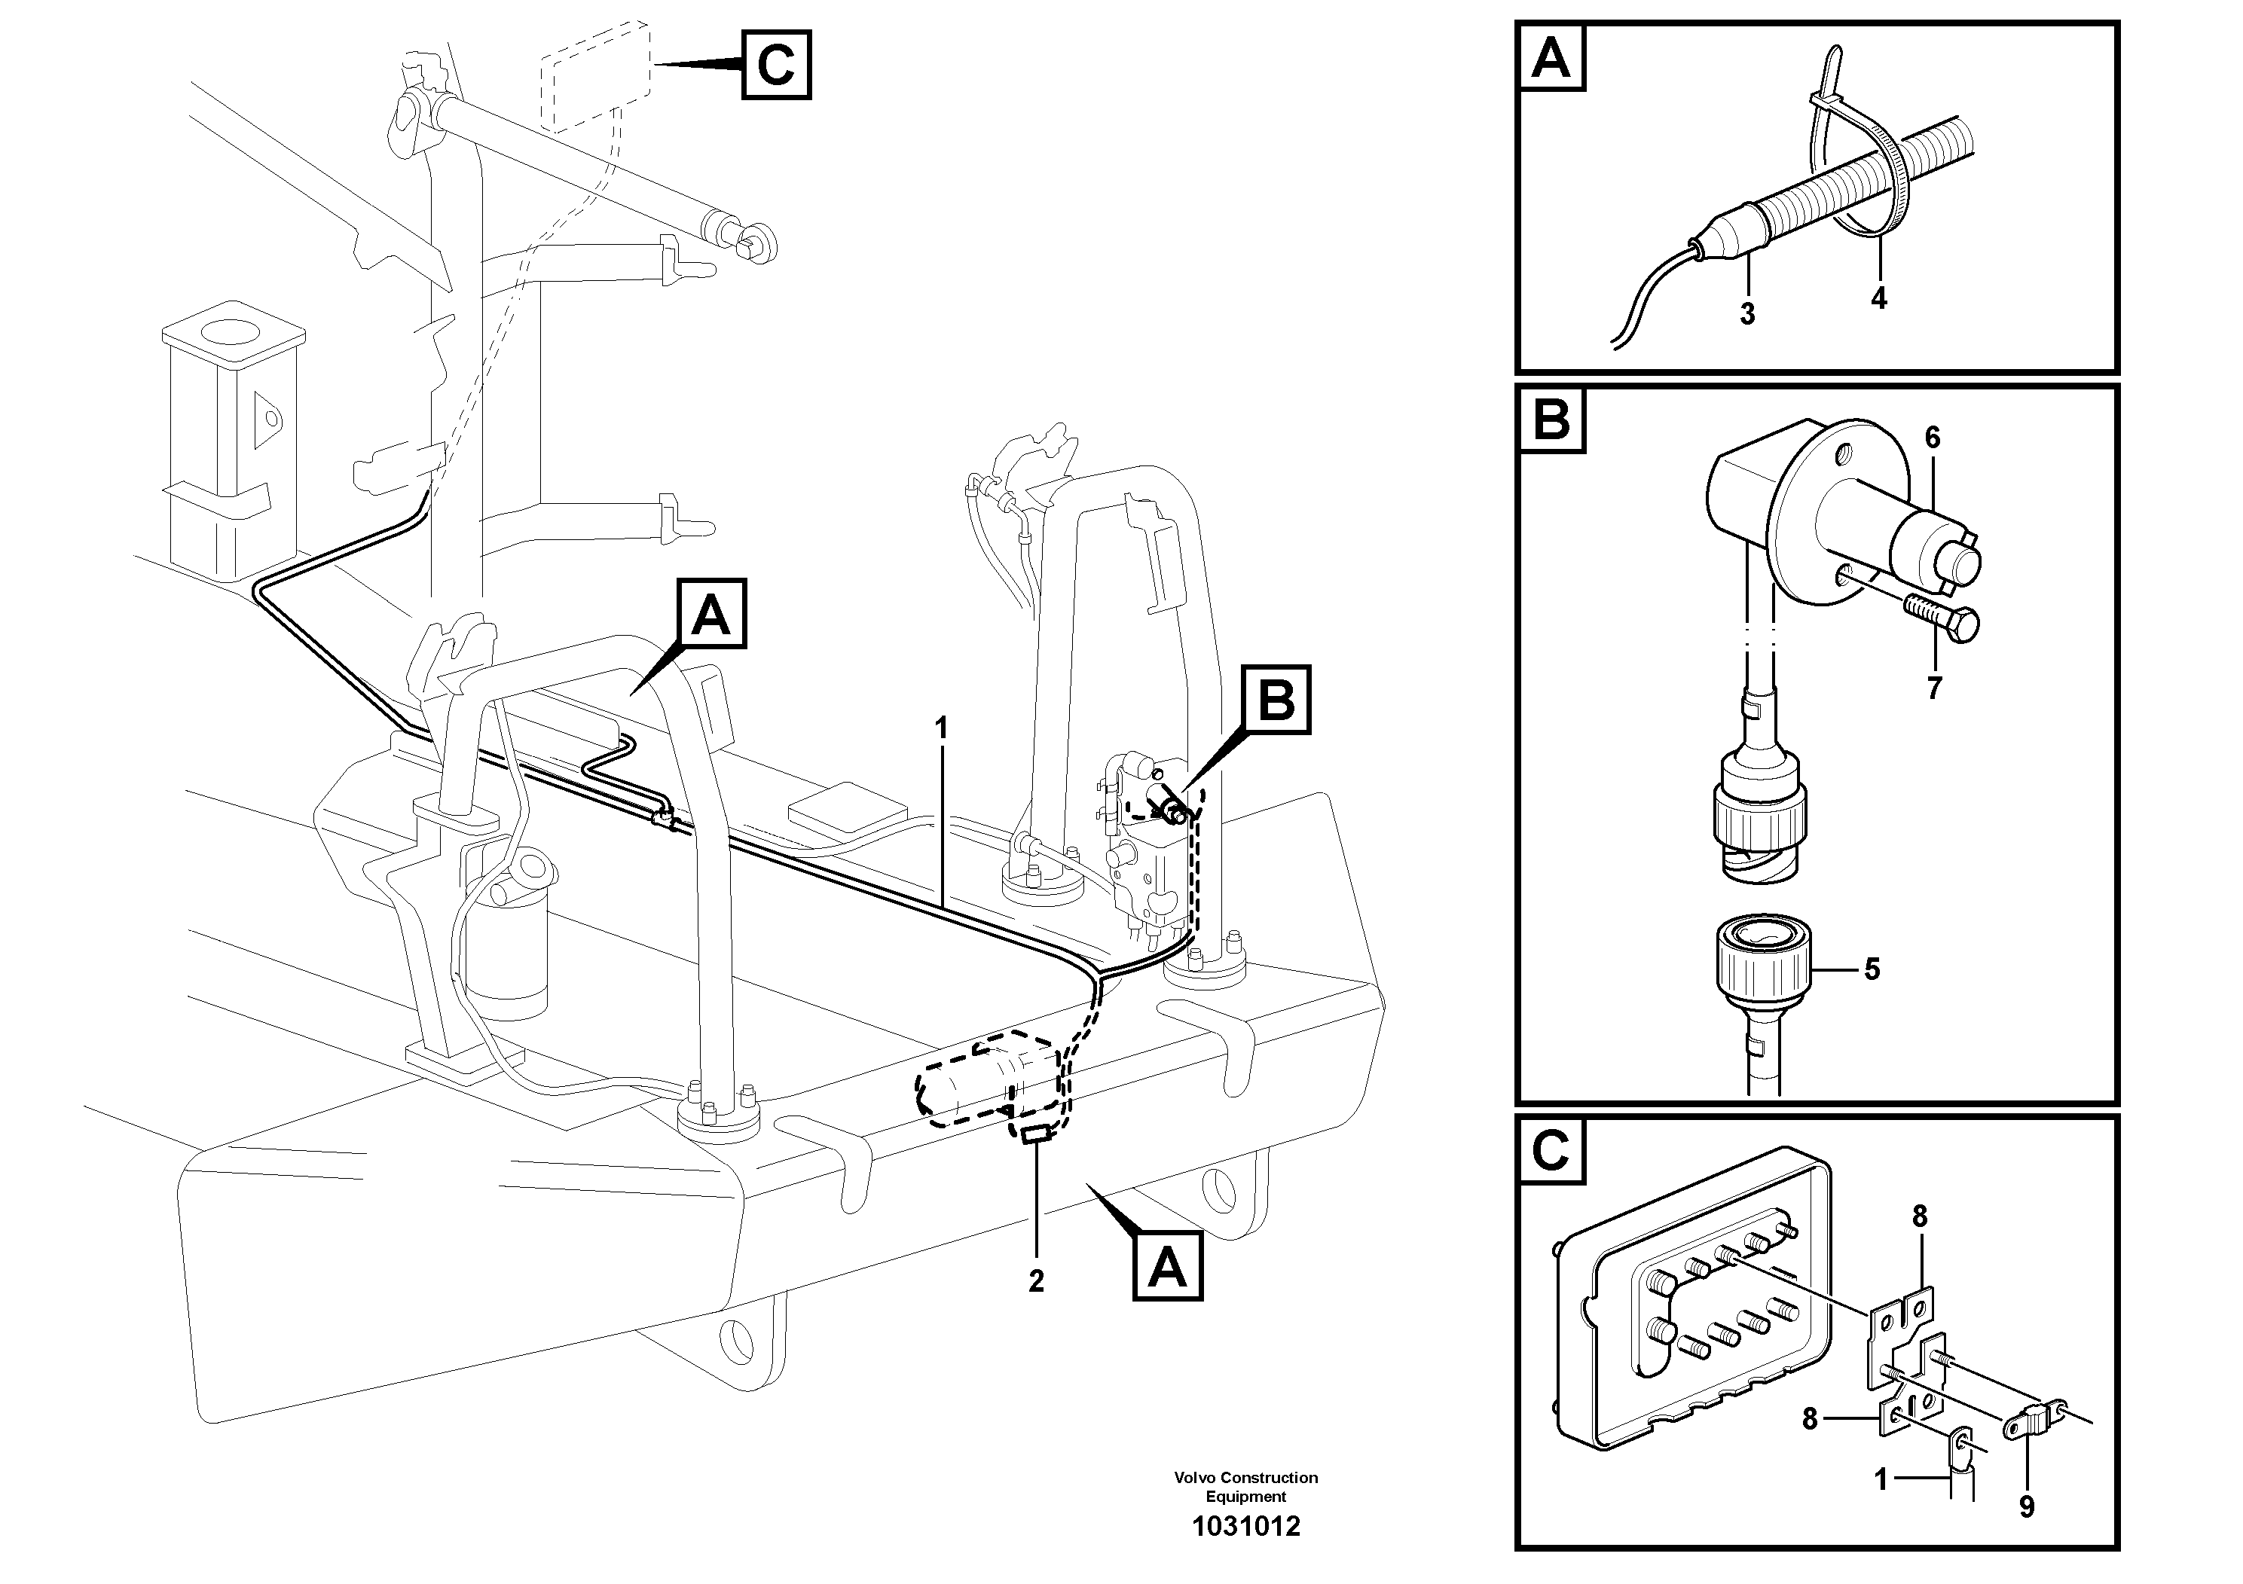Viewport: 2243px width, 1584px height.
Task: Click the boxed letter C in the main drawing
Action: [776, 66]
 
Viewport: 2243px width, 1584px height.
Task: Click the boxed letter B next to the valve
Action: [1277, 700]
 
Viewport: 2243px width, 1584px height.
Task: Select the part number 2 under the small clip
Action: [1035, 1280]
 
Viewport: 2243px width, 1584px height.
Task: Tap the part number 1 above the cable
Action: [941, 728]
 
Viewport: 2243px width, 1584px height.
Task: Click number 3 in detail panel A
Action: [1746, 313]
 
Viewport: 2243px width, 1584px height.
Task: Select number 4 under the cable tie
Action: [1878, 298]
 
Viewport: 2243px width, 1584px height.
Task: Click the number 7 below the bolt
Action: [1934, 688]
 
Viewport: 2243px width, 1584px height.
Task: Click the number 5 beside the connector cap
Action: [1872, 969]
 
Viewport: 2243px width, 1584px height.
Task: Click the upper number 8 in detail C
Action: [1920, 1216]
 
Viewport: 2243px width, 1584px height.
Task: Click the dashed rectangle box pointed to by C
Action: [596, 75]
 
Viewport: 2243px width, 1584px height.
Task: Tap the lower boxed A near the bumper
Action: [1167, 1268]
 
